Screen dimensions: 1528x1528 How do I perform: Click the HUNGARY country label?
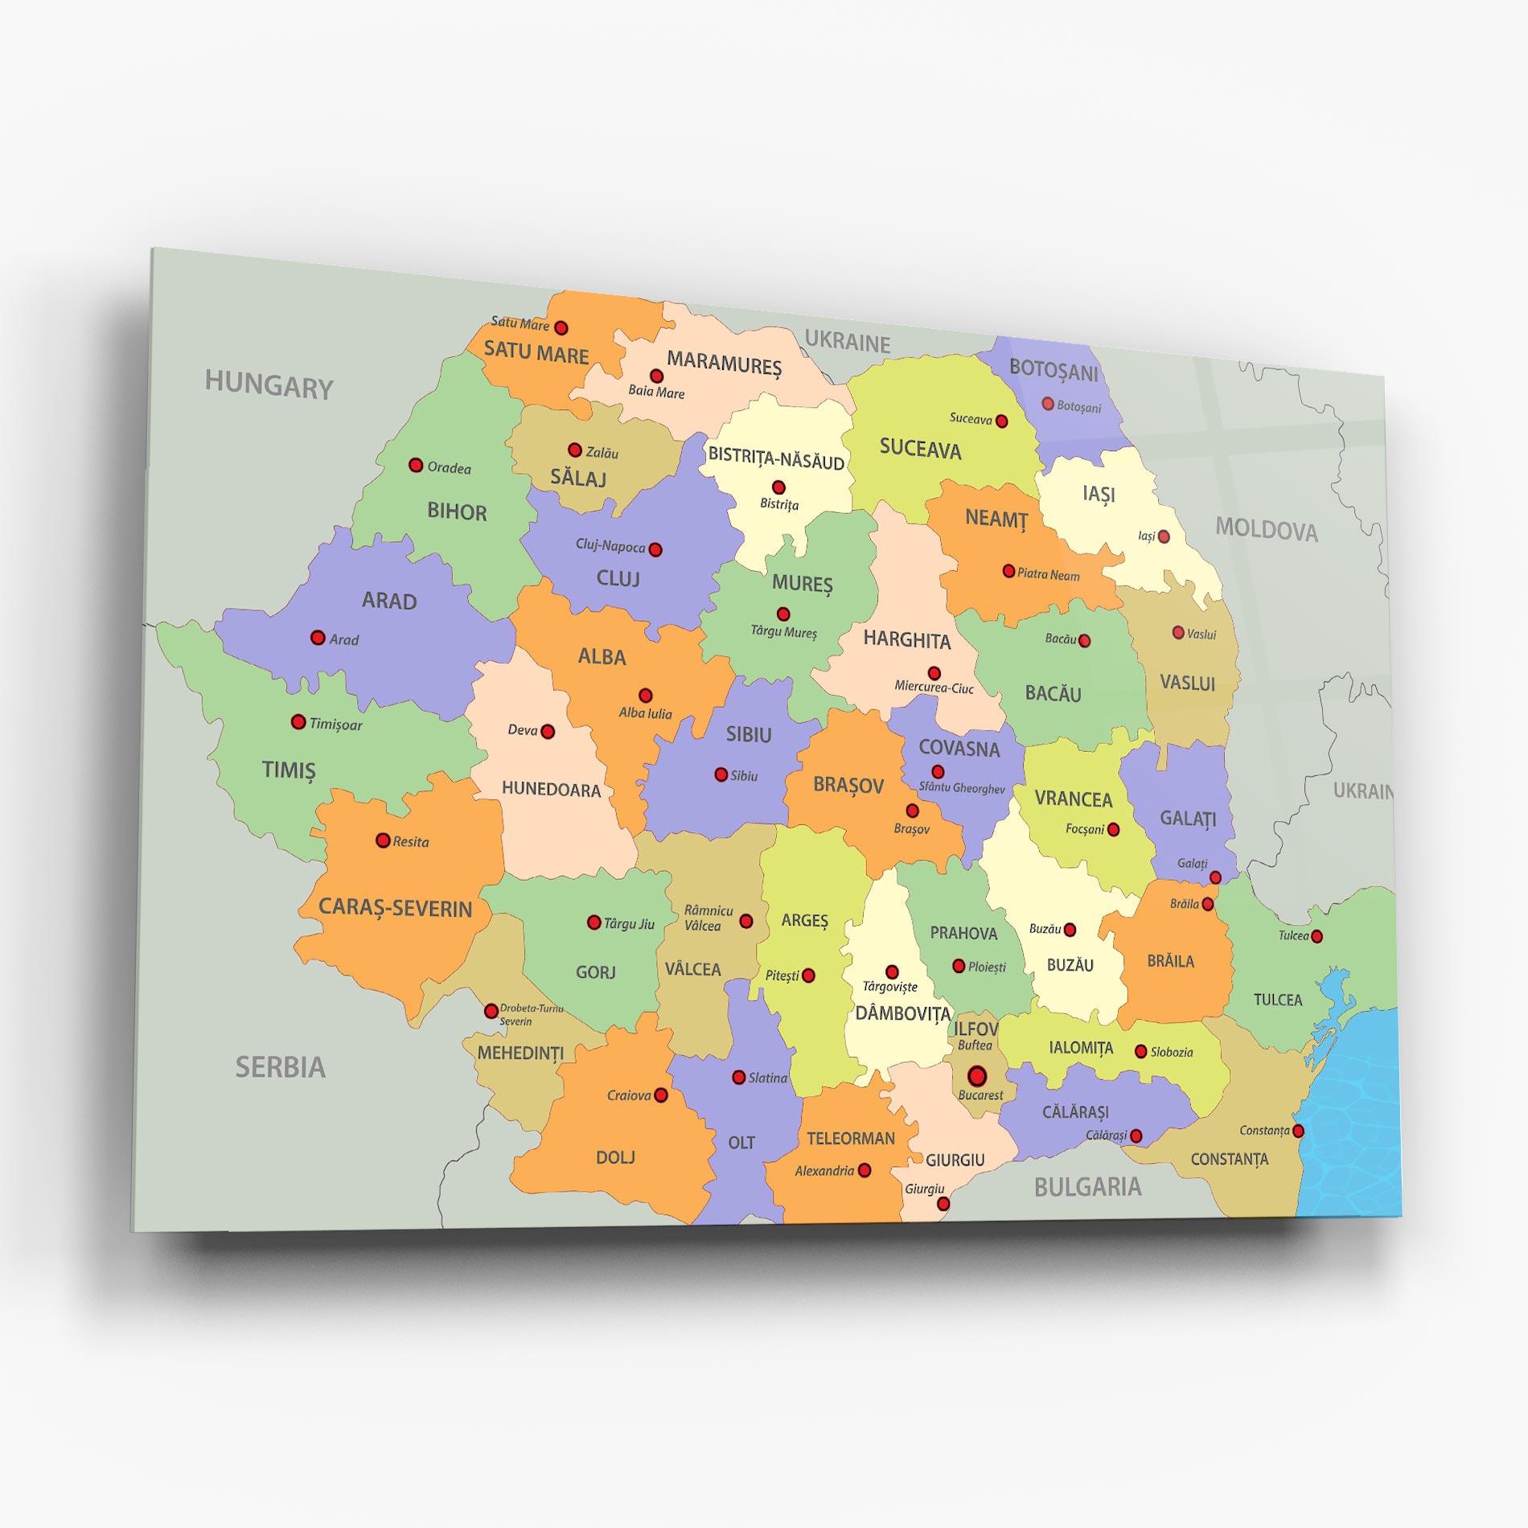point(269,385)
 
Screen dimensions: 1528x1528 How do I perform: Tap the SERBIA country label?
point(280,1067)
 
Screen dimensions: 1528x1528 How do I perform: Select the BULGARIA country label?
point(1087,1187)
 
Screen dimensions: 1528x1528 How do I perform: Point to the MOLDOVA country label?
point(1266,529)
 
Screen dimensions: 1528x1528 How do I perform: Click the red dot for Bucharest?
point(977,1075)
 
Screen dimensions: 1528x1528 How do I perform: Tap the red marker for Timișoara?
point(298,722)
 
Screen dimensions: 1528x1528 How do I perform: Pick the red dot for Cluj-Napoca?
point(655,550)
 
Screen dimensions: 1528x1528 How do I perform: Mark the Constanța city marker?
point(1298,1132)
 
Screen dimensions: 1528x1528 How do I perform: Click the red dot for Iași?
point(1164,536)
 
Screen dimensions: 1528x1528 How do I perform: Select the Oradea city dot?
point(416,465)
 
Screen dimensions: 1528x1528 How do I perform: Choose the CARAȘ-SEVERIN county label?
point(395,908)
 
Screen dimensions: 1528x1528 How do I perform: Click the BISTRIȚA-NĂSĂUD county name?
point(776,460)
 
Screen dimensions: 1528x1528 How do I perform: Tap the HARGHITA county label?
point(907,640)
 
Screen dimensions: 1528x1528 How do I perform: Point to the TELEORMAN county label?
point(851,1138)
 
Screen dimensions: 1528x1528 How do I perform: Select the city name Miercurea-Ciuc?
point(934,688)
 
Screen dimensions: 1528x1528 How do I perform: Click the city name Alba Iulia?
point(645,713)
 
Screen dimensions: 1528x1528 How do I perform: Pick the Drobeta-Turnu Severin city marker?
point(491,1011)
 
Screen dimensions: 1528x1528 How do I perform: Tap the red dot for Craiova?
point(661,1095)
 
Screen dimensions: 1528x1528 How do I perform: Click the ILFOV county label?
point(976,1029)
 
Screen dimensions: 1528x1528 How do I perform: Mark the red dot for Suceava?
point(1002,421)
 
